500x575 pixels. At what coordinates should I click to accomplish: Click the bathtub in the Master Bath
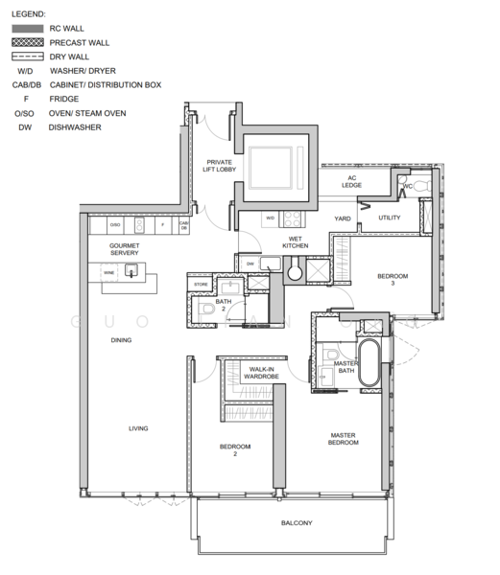pos(369,363)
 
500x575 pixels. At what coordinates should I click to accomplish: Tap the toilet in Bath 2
pos(207,310)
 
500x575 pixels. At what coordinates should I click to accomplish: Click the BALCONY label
pos(297,522)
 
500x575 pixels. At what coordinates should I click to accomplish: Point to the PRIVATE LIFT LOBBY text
pos(219,167)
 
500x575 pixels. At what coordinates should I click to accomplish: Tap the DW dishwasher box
pos(250,263)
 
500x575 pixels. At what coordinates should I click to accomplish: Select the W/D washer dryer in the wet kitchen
pos(270,218)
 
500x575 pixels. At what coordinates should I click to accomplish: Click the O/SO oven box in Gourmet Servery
pos(114,225)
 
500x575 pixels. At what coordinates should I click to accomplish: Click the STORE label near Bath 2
pos(201,285)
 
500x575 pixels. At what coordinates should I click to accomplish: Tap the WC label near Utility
pos(409,185)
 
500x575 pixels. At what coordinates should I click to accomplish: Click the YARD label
pos(342,218)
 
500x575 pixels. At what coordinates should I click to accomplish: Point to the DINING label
pos(120,340)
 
